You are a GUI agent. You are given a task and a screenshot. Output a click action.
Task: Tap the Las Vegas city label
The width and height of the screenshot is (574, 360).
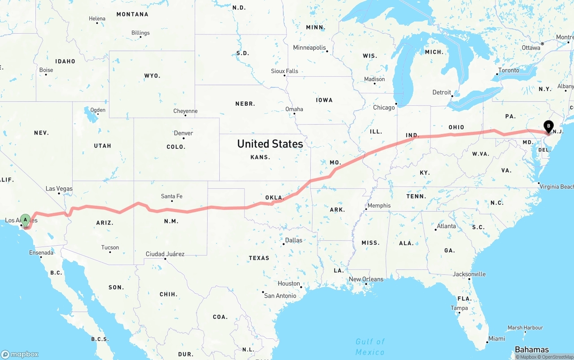[59, 189]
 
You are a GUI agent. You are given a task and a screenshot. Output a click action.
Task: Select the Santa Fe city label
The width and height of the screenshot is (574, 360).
[172, 196]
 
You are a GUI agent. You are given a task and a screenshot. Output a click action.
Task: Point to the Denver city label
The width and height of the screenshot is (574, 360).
[183, 133]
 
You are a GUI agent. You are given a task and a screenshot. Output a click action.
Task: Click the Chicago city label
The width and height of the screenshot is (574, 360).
[384, 108]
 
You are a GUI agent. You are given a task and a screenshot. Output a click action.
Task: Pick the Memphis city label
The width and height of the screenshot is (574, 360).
[379, 206]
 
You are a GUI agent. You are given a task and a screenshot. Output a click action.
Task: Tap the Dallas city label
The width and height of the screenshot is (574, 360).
[294, 240]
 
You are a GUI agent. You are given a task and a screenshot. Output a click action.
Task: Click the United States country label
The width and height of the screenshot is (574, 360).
[270, 144]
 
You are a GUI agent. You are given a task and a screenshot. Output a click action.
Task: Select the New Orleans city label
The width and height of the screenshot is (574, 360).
[366, 279]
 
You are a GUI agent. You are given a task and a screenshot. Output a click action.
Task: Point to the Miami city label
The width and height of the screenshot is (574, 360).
[497, 339]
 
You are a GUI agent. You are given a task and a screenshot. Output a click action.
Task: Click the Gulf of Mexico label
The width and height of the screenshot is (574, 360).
[370, 347]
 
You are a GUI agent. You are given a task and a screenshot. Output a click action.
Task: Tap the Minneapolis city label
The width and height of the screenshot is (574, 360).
[309, 48]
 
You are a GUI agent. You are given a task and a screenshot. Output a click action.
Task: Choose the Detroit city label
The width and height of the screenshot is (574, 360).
[442, 92]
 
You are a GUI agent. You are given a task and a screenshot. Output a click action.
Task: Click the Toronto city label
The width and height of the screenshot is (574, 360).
[509, 70]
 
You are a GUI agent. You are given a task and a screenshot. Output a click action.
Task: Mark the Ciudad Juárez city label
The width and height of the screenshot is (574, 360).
[165, 254]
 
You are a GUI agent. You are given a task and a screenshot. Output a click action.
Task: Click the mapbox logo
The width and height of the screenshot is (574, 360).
[20, 354]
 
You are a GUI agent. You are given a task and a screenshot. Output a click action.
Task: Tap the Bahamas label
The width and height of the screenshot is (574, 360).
[532, 350]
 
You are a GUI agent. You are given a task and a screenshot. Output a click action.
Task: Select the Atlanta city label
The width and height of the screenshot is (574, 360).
[447, 226]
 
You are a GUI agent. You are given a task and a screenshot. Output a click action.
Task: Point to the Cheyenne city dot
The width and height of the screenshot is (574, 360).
[185, 116]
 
